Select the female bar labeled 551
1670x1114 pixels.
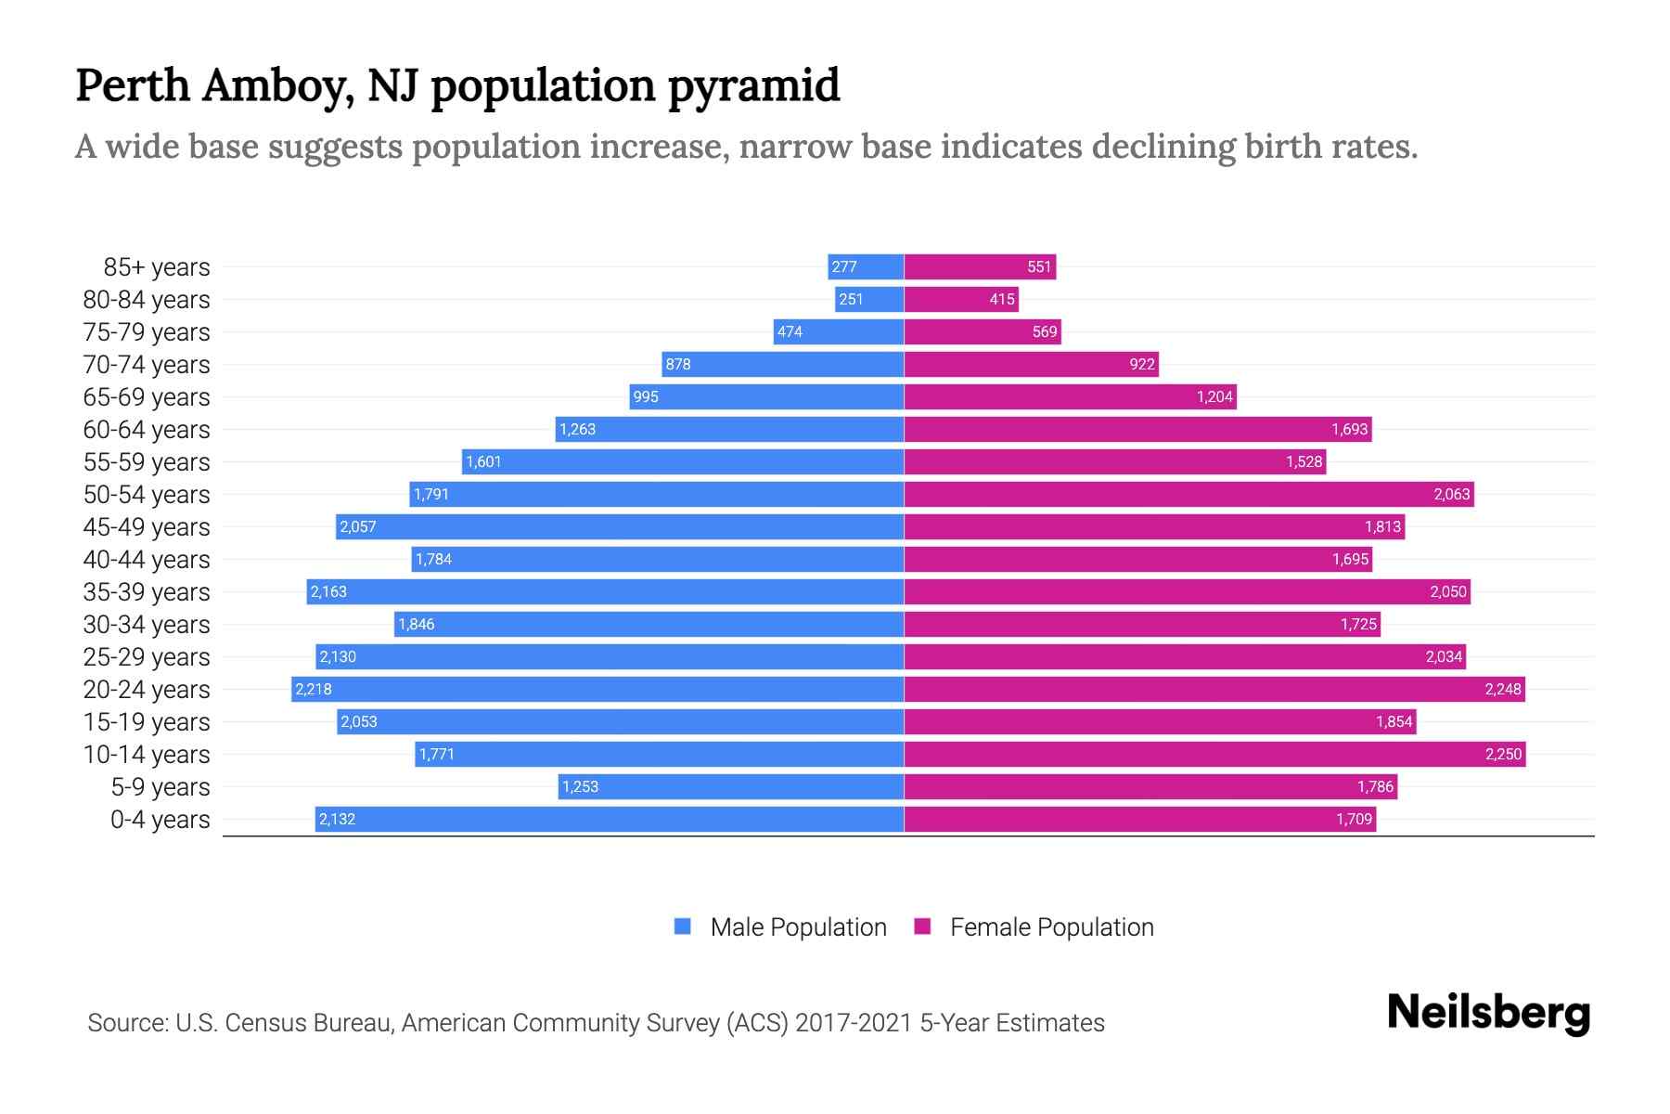(980, 266)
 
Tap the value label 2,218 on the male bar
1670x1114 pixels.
(314, 689)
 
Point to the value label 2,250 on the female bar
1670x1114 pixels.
(1503, 754)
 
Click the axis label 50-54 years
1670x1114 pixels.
(147, 495)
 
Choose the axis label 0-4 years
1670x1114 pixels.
(160, 820)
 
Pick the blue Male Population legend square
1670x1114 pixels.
(683, 926)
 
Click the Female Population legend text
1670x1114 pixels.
(1051, 927)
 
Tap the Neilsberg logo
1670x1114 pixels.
(1488, 1013)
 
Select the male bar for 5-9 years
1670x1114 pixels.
(731, 786)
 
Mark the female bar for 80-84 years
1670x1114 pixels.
(961, 299)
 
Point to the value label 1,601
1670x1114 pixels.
(483, 461)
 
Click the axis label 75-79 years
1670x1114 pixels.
(147, 332)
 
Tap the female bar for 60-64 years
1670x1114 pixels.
(1137, 429)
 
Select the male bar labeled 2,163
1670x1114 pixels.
(605, 591)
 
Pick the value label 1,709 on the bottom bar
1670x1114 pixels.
(1354, 819)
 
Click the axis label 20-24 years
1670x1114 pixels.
(147, 690)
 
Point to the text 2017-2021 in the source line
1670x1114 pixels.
(854, 1023)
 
